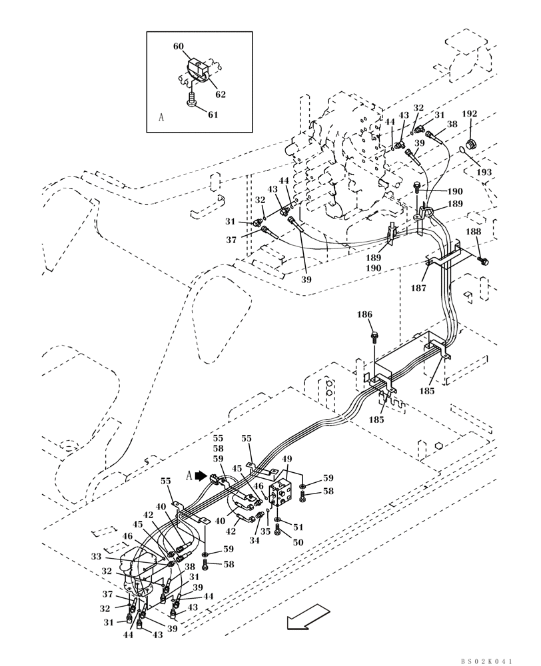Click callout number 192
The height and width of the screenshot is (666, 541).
(x=470, y=113)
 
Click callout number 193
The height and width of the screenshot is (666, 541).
(x=484, y=172)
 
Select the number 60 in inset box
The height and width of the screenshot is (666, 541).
(x=179, y=47)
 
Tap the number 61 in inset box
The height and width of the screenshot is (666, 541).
(x=213, y=115)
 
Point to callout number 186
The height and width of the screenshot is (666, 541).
(x=383, y=314)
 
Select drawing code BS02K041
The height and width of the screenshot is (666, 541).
(x=486, y=661)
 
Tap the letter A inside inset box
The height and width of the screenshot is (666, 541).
(x=161, y=117)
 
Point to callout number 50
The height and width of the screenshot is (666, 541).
(x=298, y=543)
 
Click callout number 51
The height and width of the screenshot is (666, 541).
(x=298, y=528)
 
